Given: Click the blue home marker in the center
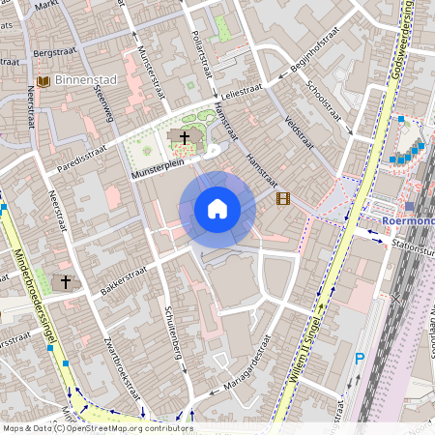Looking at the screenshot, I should click(x=217, y=209).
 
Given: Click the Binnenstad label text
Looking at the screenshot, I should click(x=86, y=81).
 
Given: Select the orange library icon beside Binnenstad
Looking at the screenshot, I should click(x=43, y=81).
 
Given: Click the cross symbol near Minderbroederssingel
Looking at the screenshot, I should click(x=67, y=281).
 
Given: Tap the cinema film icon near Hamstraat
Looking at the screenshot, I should click(x=282, y=199).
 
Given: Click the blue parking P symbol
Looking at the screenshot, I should click(x=360, y=359).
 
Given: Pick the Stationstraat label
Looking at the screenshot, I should click(x=412, y=246).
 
